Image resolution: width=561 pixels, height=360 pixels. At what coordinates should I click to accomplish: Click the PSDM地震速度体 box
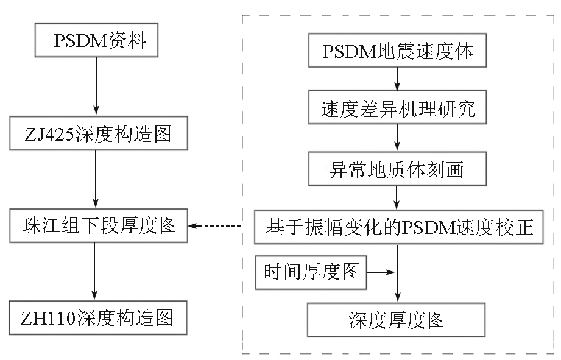pyautogui.click(x=397, y=52)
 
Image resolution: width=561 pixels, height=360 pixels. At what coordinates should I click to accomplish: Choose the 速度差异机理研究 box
pyautogui.click(x=397, y=110)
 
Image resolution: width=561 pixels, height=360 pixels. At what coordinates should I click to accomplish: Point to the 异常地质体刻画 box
pyautogui.click(x=397, y=168)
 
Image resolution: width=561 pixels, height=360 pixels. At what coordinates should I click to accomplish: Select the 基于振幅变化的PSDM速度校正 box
pyautogui.click(x=398, y=227)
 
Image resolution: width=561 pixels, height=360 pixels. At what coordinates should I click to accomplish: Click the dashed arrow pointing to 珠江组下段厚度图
pyautogui.click(x=216, y=227)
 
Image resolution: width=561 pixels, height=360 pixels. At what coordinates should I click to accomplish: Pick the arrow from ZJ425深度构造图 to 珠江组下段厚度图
pyautogui.click(x=95, y=179)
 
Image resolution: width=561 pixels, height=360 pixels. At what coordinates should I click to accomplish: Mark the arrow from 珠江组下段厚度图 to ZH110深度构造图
pyautogui.click(x=95, y=272)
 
